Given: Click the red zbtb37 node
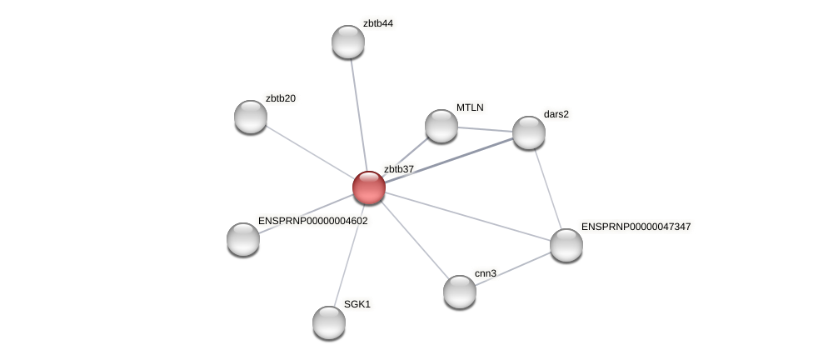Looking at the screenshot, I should (x=369, y=187).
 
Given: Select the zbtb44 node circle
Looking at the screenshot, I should (x=348, y=42).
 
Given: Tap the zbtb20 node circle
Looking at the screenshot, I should (x=251, y=117).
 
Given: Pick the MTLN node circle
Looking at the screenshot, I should (x=441, y=126).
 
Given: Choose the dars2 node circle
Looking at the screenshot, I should (x=529, y=132).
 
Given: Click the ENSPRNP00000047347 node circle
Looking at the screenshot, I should (x=566, y=245).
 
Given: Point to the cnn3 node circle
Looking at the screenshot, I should (x=460, y=292).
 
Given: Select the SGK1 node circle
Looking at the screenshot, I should (x=329, y=322).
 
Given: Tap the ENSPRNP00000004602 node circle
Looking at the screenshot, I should (x=243, y=239).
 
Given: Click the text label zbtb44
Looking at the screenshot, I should (x=377, y=23).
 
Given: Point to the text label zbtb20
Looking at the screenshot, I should (x=280, y=98).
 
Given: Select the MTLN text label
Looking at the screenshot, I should (x=470, y=107).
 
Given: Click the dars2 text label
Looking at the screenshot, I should (x=556, y=114).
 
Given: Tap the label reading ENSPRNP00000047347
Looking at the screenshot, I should (x=636, y=227).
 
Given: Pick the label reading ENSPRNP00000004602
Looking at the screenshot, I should (x=312, y=221).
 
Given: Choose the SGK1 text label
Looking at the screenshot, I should (x=357, y=304).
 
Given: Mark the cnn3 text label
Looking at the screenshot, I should (x=485, y=273).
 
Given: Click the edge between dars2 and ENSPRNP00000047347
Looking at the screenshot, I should (x=548, y=189).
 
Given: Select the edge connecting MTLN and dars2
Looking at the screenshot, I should (x=485, y=129).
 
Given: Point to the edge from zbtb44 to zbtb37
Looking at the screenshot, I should (x=358, y=112).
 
